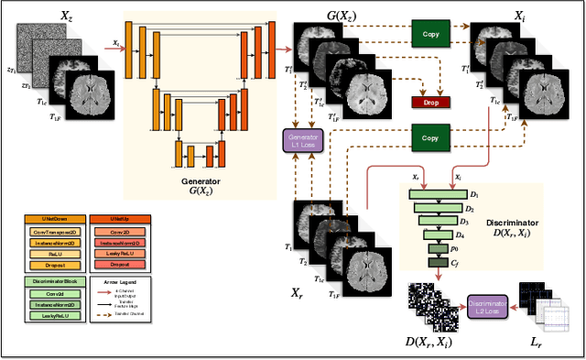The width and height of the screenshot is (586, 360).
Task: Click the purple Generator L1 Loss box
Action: coord(302,142)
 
